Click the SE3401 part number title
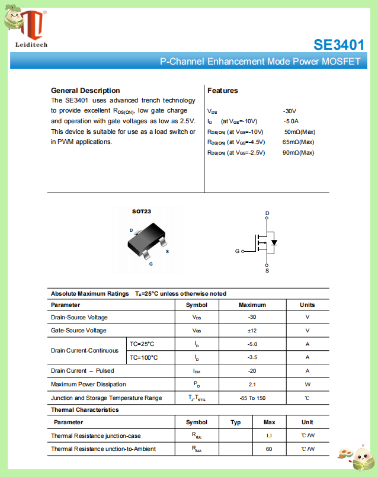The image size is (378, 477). pos(339,44)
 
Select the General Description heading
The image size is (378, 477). pos(85,91)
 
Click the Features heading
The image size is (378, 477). pos(223,91)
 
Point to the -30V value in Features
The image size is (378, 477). pos(290,111)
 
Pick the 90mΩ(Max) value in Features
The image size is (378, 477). pos(298,153)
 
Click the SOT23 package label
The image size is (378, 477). pos(141,212)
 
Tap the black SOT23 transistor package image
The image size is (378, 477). pos(146,240)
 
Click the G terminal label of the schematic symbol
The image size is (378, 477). pos(237,251)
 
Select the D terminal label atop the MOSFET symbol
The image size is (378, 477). pos(267,213)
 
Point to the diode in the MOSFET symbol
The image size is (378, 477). pos(274,242)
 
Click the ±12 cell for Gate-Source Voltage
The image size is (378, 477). pos(252,330)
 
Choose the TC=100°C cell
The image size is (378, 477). pos(144,357)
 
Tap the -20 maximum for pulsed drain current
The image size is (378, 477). pos(252,371)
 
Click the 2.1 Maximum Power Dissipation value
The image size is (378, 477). pos(252,385)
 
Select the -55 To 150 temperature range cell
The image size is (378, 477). pos(252,398)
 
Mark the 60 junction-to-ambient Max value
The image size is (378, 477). pos(268,449)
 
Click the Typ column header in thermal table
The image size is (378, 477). pos(235,422)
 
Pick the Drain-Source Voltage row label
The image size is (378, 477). pos(79,318)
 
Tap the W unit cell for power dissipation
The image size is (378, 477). pos(307,385)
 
